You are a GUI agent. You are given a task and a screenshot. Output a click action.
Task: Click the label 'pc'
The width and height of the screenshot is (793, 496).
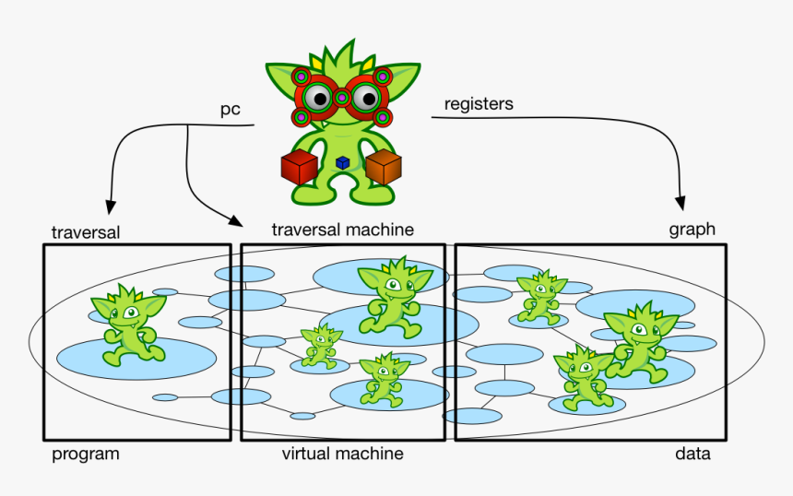[x=230, y=110]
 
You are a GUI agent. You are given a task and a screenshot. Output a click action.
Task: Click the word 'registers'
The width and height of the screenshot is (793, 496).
[x=479, y=104]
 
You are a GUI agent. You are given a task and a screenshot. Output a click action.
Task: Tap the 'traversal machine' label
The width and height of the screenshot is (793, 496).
[x=342, y=229]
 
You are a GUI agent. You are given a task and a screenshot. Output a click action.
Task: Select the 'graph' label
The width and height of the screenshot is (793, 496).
[x=692, y=230]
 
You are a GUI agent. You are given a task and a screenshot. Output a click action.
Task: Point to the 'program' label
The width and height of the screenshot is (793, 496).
[x=86, y=454]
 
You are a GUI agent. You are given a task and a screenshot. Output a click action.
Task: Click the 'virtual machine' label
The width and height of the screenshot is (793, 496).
[x=342, y=454]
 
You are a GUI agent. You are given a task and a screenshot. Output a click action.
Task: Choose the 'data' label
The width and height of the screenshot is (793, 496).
[x=692, y=455]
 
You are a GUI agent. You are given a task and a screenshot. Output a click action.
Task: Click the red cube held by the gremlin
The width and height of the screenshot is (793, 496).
[x=299, y=169]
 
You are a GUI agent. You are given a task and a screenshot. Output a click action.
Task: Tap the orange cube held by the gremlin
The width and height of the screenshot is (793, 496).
[x=383, y=167]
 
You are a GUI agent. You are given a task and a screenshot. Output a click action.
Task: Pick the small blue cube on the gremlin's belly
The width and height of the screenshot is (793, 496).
[x=342, y=162]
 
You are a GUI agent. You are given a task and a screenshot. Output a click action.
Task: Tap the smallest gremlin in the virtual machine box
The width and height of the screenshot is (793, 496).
[x=320, y=346]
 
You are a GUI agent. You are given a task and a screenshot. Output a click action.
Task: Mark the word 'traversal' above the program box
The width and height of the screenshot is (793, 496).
[x=86, y=232]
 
